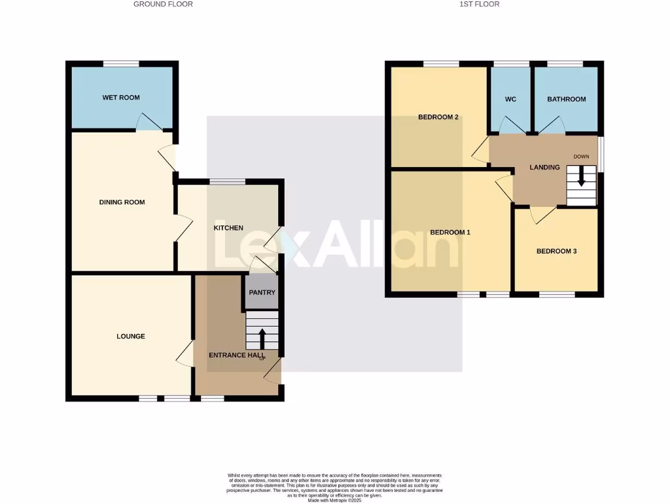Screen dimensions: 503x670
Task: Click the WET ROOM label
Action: pos(121,98)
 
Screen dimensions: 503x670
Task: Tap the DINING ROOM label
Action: pos(122,202)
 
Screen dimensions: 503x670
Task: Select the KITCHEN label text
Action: pos(228,228)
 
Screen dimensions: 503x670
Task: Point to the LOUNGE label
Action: pos(131,337)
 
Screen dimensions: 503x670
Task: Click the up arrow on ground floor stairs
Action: pos(262,338)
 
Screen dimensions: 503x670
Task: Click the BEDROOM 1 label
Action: pos(450,233)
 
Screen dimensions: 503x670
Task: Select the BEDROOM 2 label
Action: pos(438,117)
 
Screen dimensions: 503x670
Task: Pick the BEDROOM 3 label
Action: pos(556,251)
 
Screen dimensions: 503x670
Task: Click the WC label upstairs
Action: pos(511,100)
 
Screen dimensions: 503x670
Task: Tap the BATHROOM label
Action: pos(567,100)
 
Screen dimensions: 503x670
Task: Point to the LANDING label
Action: pos(544,168)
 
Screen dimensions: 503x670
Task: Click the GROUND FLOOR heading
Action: pos(163,4)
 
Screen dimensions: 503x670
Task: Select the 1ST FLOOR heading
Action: pos(480,4)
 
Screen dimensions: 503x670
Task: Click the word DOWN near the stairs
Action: pos(581,157)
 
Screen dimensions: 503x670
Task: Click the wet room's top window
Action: pos(121,64)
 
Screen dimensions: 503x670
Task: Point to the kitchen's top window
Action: pos(227,181)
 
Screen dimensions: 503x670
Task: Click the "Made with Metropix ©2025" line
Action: pos(334,500)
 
